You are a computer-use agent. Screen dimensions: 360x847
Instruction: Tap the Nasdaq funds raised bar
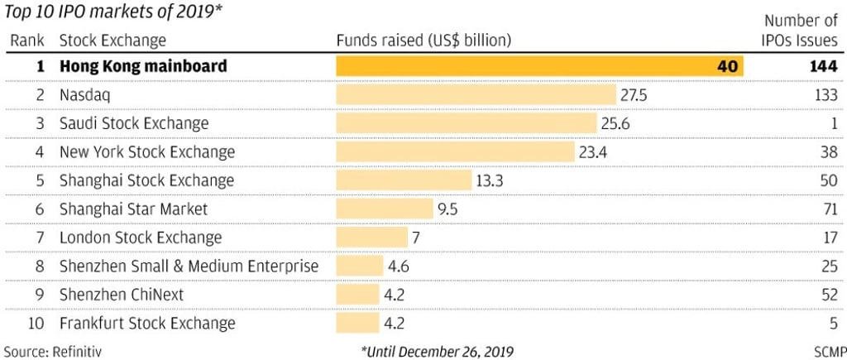click(x=476, y=94)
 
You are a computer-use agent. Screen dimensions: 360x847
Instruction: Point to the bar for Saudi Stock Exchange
click(x=466, y=123)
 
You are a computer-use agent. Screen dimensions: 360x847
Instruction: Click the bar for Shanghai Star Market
click(x=385, y=209)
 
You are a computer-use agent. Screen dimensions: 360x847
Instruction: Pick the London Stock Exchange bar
click(x=372, y=238)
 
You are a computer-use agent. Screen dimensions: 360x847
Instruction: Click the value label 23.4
click(x=593, y=152)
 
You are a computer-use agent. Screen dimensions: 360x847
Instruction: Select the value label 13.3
click(x=491, y=180)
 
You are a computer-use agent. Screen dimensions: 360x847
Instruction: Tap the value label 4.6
click(x=399, y=266)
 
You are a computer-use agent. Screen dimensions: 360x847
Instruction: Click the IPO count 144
click(x=824, y=66)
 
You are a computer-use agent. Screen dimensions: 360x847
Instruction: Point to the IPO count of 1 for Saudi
click(x=833, y=123)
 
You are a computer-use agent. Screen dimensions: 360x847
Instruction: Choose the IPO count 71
click(x=830, y=209)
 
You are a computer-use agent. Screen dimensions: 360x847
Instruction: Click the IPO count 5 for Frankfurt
click(x=834, y=324)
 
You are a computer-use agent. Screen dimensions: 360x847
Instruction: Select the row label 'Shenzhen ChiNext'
click(x=122, y=295)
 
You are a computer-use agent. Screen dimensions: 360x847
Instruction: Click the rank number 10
click(x=36, y=324)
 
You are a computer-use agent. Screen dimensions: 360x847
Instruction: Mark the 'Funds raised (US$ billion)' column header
click(x=423, y=40)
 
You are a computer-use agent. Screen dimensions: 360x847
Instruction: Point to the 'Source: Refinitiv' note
click(x=53, y=351)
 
